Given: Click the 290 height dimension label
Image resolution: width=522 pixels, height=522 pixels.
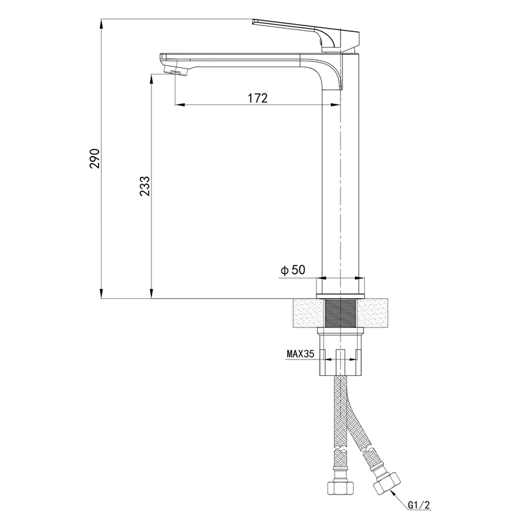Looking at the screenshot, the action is (95, 159).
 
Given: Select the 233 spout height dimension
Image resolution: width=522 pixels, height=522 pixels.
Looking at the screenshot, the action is (145, 186).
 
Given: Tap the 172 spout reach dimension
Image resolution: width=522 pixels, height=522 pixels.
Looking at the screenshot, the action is (258, 99).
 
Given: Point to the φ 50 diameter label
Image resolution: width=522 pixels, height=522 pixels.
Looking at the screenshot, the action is (293, 270).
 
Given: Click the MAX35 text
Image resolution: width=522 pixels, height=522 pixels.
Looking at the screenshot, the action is (300, 354).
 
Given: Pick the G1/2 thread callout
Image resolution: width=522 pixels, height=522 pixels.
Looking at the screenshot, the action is (419, 505).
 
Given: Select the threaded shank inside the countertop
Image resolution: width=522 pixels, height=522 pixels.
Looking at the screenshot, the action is (341, 313).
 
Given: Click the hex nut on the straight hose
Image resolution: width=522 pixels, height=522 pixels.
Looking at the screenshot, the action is (340, 488).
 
